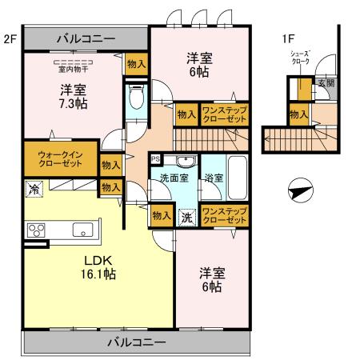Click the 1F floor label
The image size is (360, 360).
287,38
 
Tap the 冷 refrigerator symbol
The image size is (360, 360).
34,190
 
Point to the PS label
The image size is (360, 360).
155,158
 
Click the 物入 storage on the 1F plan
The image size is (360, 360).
298,115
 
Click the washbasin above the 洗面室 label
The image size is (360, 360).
185,161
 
